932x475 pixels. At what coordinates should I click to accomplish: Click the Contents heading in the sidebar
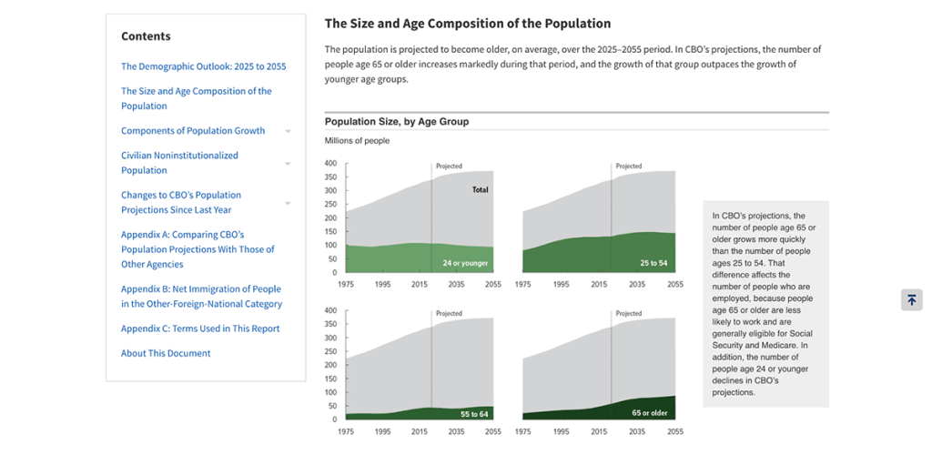tap(146, 36)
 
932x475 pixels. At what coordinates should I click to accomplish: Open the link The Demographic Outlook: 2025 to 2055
tap(203, 66)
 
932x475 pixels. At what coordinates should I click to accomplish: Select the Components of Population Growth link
tap(193, 131)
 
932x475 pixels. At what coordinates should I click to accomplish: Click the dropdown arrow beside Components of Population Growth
tap(288, 131)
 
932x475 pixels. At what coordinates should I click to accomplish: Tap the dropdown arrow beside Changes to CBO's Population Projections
tap(288, 203)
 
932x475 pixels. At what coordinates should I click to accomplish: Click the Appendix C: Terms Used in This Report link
tap(200, 328)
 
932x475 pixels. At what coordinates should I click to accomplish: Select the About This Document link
tap(166, 353)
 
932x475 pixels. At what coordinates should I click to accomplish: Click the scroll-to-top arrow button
tap(911, 300)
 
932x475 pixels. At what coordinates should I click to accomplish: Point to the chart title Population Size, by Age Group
tap(397, 122)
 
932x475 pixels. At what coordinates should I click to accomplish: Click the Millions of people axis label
tap(357, 141)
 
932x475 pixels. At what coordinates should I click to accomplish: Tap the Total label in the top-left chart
tap(480, 190)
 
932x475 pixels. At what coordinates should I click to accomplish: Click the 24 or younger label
tap(465, 263)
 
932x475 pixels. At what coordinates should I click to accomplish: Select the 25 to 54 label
tap(653, 263)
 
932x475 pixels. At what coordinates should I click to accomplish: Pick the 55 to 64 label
tap(473, 414)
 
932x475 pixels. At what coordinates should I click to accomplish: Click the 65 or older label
tap(649, 413)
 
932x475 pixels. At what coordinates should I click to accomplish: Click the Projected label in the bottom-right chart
tap(628, 314)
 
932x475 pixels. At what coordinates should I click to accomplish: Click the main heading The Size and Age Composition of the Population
tap(468, 24)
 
